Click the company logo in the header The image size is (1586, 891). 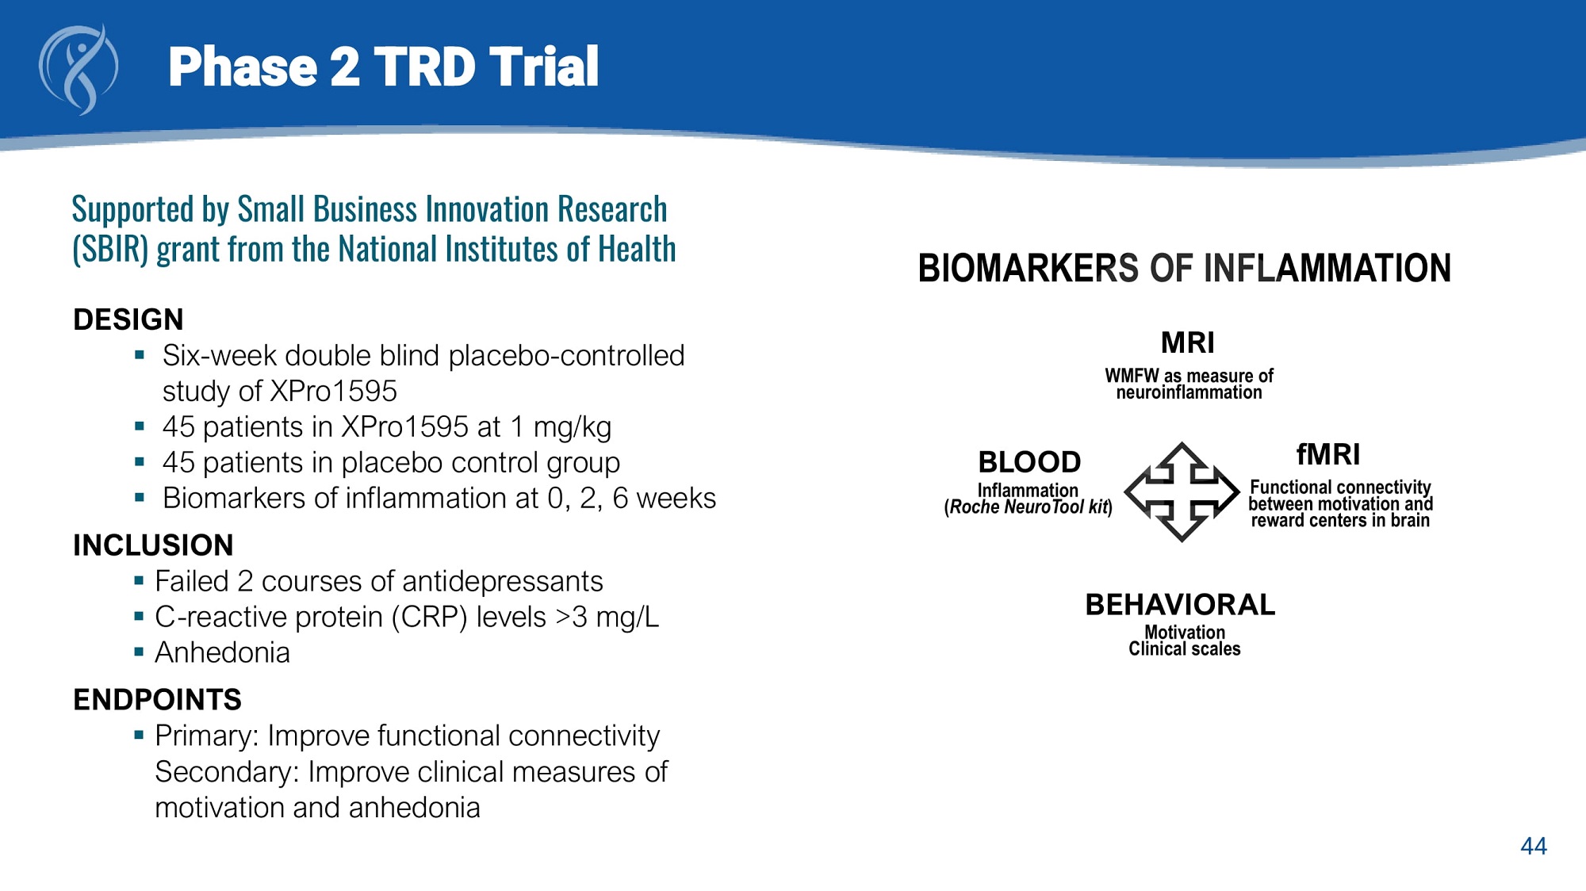79,69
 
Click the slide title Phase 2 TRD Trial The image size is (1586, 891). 383,67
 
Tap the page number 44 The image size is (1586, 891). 1534,846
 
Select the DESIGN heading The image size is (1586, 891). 128,319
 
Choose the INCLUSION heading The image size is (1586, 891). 153,545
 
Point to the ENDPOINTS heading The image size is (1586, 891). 157,700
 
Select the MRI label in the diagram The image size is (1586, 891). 1188,342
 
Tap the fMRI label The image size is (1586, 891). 1328,454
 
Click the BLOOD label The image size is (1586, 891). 1029,461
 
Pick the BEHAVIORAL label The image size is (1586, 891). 1181,604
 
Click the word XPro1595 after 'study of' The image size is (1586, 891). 334,391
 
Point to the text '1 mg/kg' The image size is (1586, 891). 561,427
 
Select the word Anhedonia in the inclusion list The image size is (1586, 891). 222,652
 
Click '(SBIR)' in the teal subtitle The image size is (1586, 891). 110,249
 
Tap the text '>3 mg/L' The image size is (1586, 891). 607,617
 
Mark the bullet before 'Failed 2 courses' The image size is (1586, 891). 139,581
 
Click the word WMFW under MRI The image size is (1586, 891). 1132,375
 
